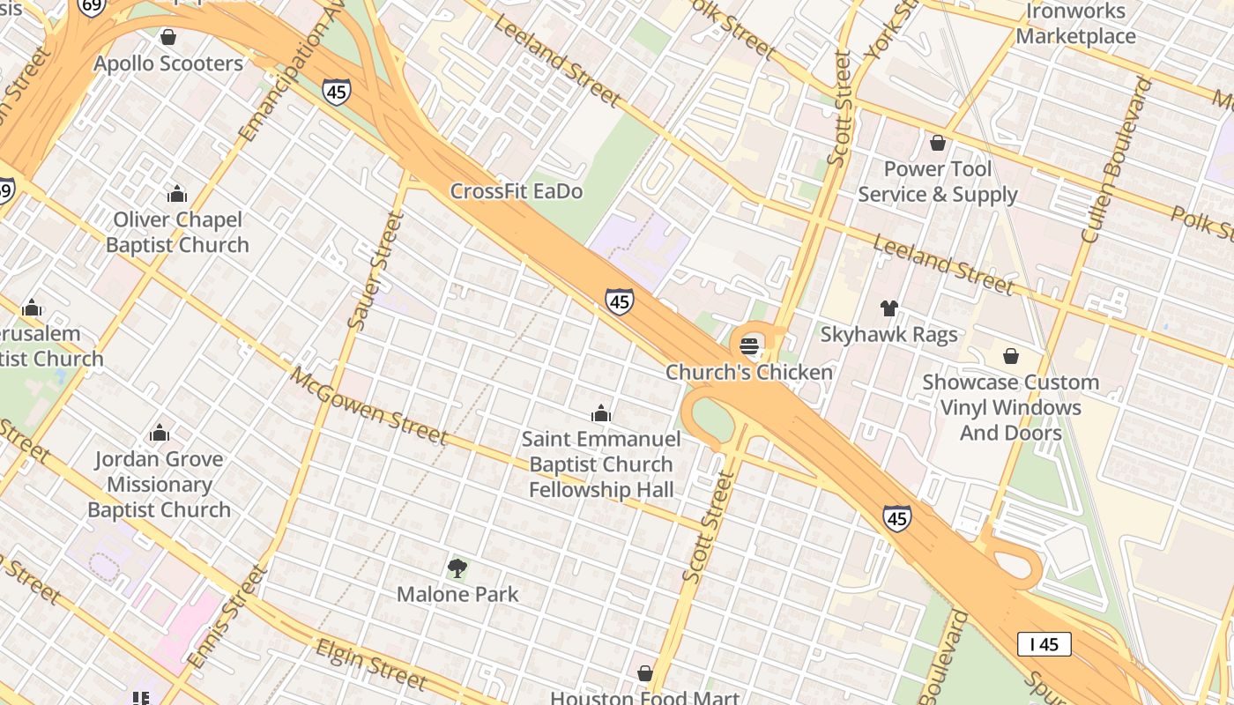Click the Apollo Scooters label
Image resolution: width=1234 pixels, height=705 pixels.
tap(168, 63)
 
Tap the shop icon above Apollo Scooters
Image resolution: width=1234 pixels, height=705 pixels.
tap(168, 37)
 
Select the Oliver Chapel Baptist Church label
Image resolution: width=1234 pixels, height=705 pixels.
tap(177, 233)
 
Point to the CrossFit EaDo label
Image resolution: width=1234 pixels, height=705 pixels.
tap(517, 191)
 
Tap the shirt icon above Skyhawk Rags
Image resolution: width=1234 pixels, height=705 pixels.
tap(889, 308)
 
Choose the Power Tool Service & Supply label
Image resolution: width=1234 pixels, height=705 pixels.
tap(938, 182)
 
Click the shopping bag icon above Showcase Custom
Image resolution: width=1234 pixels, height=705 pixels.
tap(1011, 356)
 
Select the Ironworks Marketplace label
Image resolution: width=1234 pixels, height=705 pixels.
tap(1075, 24)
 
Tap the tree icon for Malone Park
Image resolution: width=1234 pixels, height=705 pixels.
tap(457, 568)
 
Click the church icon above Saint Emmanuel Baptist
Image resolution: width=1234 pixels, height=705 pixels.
tap(601, 413)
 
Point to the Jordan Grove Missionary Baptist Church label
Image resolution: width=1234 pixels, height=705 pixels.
tap(160, 484)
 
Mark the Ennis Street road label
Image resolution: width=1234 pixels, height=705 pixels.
tap(227, 617)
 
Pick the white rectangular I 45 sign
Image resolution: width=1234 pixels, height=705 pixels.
tap(1044, 644)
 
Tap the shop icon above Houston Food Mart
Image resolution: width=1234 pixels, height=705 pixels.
tap(645, 673)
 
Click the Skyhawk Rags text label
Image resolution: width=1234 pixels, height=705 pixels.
tap(888, 335)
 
